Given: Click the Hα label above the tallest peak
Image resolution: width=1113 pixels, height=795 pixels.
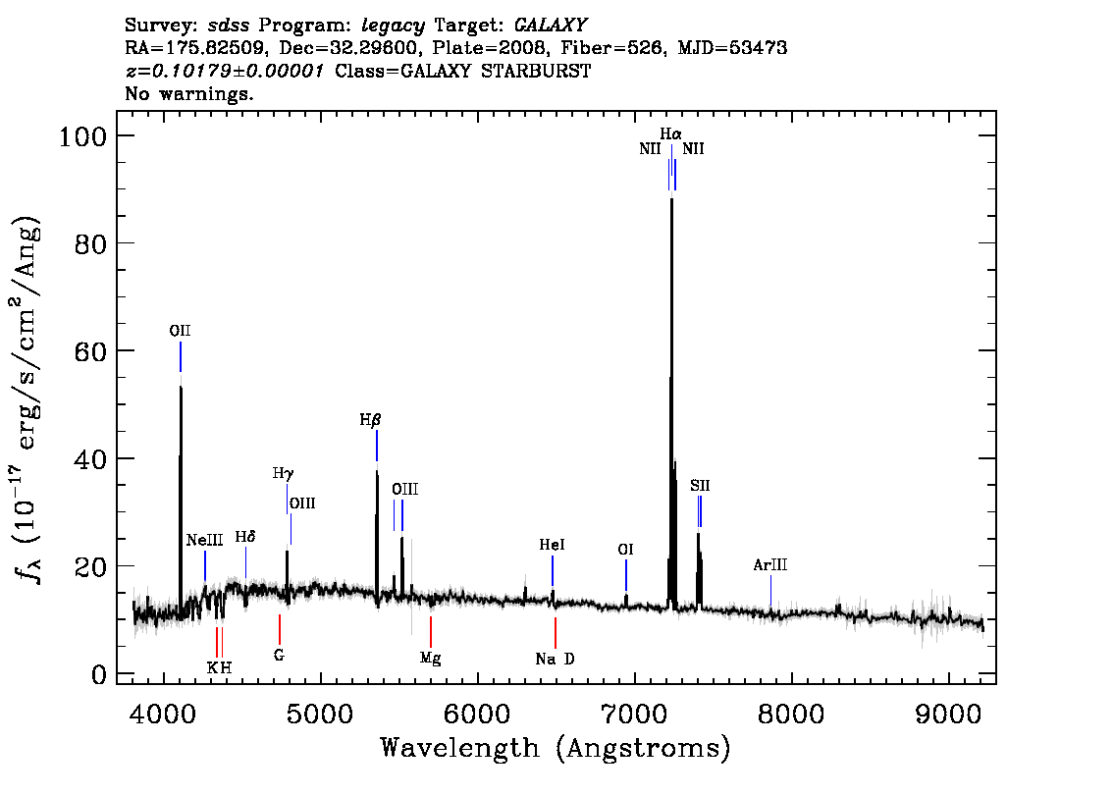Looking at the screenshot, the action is point(670,134).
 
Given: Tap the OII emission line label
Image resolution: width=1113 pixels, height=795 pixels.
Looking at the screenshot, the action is point(180,331).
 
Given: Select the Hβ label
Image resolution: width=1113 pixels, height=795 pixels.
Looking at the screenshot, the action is point(371,420).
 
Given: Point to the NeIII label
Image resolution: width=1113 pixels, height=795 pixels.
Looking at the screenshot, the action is point(204,540).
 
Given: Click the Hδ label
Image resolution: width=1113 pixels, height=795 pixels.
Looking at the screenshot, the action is point(245,537).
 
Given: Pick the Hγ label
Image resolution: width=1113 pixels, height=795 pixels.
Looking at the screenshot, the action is point(283,473).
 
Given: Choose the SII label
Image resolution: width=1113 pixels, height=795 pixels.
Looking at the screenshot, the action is point(700,486).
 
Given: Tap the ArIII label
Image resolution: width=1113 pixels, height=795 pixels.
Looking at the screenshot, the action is point(770,565).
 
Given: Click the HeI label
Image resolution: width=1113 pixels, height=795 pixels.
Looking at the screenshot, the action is point(553,545).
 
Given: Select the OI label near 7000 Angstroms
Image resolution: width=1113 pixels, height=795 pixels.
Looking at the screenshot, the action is point(625,550).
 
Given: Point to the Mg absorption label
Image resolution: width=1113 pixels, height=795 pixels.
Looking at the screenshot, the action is point(430,659).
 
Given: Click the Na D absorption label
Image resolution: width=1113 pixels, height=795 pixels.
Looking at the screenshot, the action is point(556,659).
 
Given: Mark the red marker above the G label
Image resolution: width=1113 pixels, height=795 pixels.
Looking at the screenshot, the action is point(280,629).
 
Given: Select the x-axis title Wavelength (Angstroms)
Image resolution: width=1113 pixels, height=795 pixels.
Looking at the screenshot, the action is point(556,748).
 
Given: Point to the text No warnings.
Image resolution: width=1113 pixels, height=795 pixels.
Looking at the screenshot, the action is point(188,93).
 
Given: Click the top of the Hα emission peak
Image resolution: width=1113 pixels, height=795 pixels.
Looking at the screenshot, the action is point(671,198).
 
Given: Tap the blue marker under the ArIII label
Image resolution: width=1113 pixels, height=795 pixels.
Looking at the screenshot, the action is point(770,591).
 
